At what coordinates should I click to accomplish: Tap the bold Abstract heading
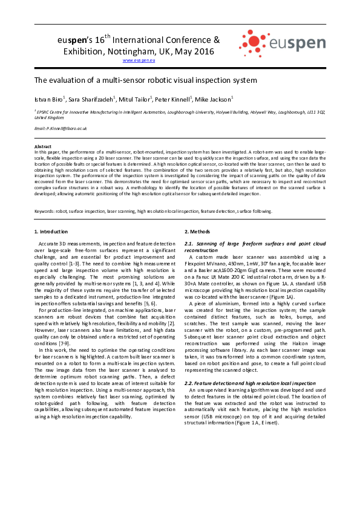(x=42, y=147)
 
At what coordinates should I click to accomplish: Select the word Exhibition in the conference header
(x=83, y=51)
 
